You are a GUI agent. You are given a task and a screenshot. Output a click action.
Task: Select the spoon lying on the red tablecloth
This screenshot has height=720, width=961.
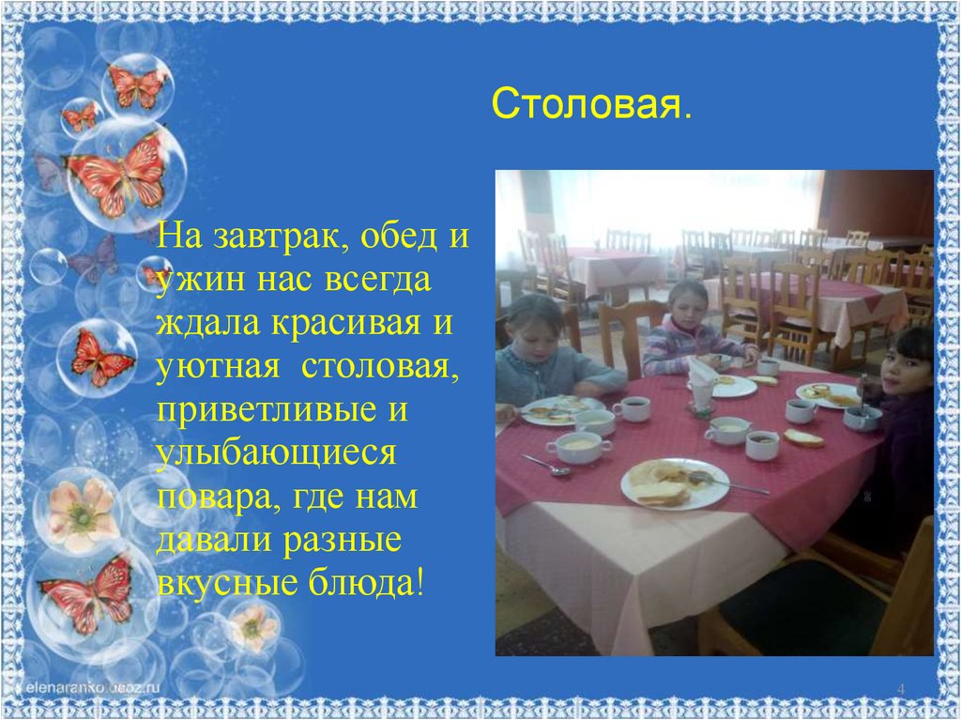pyautogui.click(x=546, y=464)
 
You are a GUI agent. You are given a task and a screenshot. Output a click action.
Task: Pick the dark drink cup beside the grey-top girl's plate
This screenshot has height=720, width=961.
pyautogui.click(x=632, y=407)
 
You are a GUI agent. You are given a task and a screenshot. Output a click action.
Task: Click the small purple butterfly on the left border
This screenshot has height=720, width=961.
pyautogui.click(x=94, y=257)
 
